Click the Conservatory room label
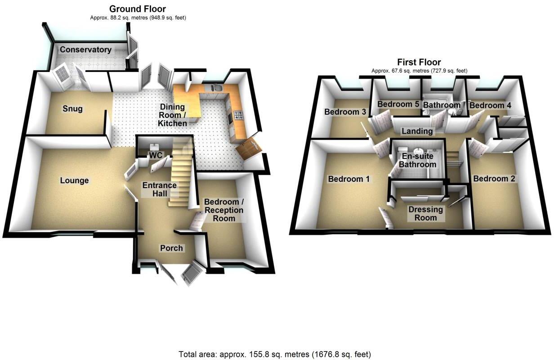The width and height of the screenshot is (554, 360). pyautogui.click(x=85, y=49)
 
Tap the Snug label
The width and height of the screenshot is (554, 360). pyautogui.click(x=72, y=109)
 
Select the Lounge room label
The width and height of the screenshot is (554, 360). pyautogui.click(x=74, y=180)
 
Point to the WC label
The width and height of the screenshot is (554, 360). pyautogui.click(x=156, y=155)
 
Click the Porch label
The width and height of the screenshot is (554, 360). pyautogui.click(x=172, y=248)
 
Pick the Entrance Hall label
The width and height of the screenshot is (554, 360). pyautogui.click(x=159, y=189)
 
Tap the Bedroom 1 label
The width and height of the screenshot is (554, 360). pyautogui.click(x=349, y=179)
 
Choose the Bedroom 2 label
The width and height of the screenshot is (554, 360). pyautogui.click(x=494, y=179)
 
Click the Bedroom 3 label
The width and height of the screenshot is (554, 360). pyautogui.click(x=345, y=112)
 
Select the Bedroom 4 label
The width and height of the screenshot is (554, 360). pyautogui.click(x=490, y=105)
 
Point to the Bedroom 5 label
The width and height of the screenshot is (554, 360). pyautogui.click(x=398, y=104)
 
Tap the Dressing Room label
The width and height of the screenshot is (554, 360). pyautogui.click(x=425, y=214)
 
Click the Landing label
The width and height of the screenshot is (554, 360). pyautogui.click(x=417, y=131)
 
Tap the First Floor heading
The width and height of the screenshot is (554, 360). pyautogui.click(x=419, y=62)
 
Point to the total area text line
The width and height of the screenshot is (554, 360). pyautogui.click(x=275, y=354)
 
